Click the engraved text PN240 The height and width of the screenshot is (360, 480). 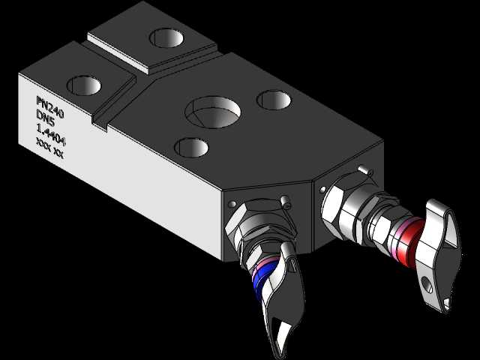50,107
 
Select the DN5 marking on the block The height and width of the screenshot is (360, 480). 45,118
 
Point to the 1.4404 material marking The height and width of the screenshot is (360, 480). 51,135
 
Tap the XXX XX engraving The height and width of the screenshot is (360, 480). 49,148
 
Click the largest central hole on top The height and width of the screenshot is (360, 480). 212,112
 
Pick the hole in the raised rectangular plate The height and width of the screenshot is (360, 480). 166,38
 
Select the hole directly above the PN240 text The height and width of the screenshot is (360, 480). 84,85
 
